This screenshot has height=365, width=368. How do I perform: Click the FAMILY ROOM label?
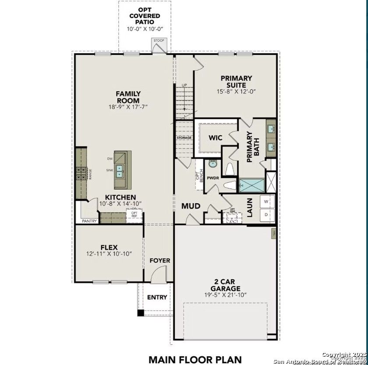pyautogui.click(x=128, y=97)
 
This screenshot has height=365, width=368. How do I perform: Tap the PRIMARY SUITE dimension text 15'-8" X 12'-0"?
pyautogui.click(x=236, y=92)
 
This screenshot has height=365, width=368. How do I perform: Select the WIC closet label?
pyautogui.click(x=215, y=138)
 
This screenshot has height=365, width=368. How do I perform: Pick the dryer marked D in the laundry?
pyautogui.click(x=267, y=215)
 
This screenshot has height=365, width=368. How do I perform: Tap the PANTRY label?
pyautogui.click(x=89, y=221)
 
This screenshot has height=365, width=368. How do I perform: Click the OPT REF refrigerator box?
pyautogui.click(x=134, y=214)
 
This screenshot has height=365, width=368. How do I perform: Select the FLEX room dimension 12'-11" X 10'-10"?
pyautogui.click(x=109, y=254)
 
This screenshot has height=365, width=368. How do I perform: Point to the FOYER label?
pyautogui.click(x=159, y=260)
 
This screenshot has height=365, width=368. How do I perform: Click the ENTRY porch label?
pyautogui.click(x=157, y=297)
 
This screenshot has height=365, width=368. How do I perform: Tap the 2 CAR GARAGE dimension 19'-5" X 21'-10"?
pyautogui.click(x=227, y=295)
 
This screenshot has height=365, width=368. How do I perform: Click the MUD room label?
pyautogui.click(x=191, y=206)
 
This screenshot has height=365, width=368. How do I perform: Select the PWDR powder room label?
pyautogui.click(x=213, y=178)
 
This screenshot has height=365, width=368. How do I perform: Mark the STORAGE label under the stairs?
pyautogui.click(x=184, y=138)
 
